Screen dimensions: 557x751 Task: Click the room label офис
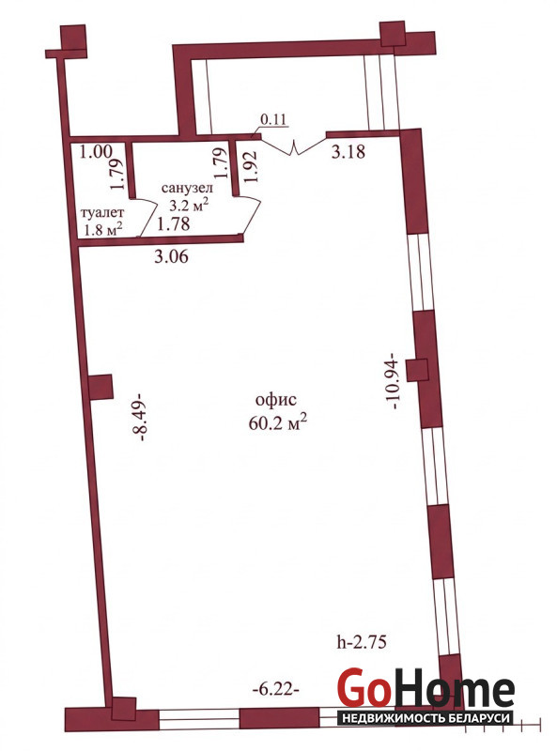click(276, 400)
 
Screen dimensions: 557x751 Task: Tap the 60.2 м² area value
click(278, 422)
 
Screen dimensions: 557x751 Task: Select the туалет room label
click(102, 212)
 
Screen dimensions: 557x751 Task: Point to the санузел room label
click(188, 188)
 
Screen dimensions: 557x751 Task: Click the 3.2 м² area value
click(190, 206)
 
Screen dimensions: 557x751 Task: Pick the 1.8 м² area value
click(102, 229)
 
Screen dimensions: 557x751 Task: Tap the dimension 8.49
click(140, 417)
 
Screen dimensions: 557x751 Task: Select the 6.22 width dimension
click(275, 690)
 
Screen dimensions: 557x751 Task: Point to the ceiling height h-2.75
click(362, 641)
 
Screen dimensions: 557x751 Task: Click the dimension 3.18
click(348, 152)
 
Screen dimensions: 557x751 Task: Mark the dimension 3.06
click(171, 256)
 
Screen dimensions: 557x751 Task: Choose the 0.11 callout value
click(273, 119)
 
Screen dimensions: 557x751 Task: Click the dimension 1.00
click(96, 152)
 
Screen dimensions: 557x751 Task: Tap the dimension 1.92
click(251, 167)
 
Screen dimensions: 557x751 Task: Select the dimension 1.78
click(174, 223)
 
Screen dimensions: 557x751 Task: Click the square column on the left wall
click(101, 387)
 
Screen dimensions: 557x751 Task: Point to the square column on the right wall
click(416, 370)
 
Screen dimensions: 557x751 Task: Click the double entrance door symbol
click(293, 145)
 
